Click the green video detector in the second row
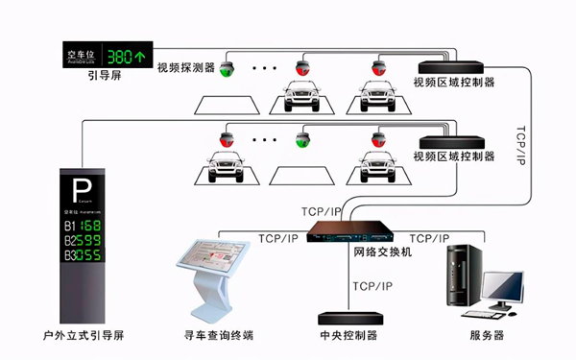[302, 141]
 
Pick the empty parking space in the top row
[231, 102]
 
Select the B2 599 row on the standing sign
[83, 240]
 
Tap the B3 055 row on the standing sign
[83, 256]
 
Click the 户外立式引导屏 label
[84, 336]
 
